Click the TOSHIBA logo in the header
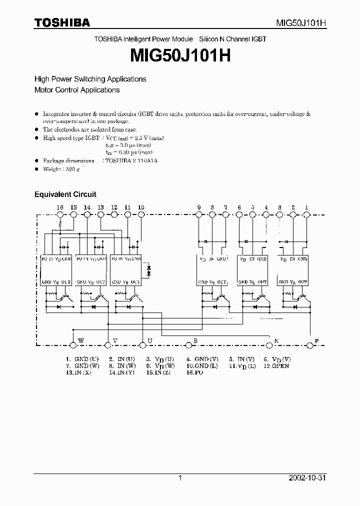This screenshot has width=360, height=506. [62, 22]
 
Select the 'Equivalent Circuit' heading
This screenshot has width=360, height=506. [65, 194]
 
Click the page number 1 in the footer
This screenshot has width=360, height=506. [180, 478]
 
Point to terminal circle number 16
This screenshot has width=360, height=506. [60, 214]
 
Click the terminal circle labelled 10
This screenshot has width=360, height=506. [141, 214]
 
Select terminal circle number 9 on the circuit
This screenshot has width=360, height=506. [198, 214]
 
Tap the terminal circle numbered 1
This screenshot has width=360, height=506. [306, 214]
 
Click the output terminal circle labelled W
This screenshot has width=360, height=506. [73, 344]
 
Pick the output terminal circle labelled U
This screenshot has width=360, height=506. [143, 344]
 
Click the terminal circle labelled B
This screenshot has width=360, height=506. [188, 344]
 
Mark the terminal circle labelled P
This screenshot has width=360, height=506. [310, 344]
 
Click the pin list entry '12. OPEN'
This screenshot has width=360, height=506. [276, 366]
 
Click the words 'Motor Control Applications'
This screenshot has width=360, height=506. [77, 90]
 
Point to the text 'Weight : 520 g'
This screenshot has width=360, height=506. [61, 169]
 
